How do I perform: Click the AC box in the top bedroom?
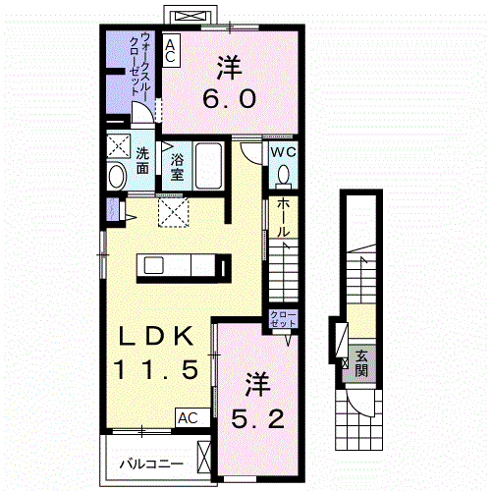tap(171, 51)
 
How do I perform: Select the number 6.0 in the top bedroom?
tap(230, 85)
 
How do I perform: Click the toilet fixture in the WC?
tap(284, 175)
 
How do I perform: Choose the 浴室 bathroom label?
tap(177, 168)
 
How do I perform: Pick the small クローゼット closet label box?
tap(283, 319)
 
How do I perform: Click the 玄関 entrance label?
tap(361, 363)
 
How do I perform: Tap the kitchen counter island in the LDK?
tap(185, 266)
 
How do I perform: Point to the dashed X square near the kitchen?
tap(174, 209)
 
